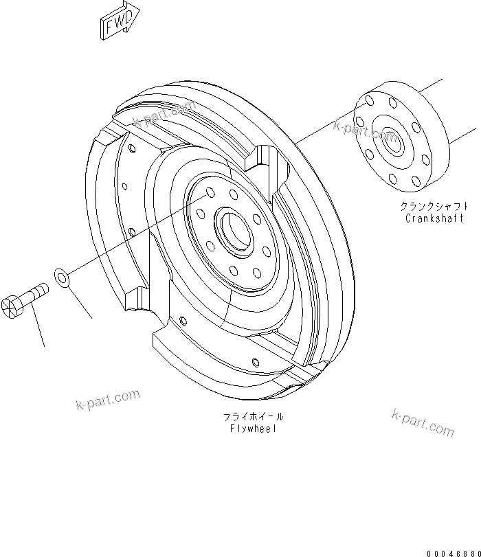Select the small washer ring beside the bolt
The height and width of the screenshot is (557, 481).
click(x=61, y=277)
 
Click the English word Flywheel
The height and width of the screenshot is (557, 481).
click(x=254, y=428)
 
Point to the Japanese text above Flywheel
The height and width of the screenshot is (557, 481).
click(x=254, y=417)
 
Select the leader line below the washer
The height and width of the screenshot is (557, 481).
click(x=80, y=303)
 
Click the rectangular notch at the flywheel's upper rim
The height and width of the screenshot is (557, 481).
click(x=265, y=162)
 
